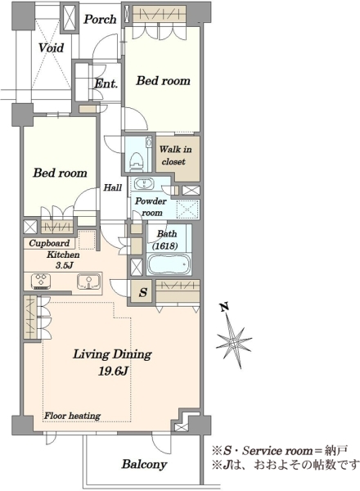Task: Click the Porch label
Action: (x=100, y=20)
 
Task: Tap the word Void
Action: (x=51, y=48)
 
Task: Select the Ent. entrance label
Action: (x=106, y=83)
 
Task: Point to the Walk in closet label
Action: (x=175, y=155)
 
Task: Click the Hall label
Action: (x=113, y=187)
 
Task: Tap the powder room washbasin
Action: (x=144, y=183)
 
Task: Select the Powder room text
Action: (x=151, y=207)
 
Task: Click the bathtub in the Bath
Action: (x=169, y=264)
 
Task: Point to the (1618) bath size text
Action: (x=165, y=246)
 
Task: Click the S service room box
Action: (x=143, y=292)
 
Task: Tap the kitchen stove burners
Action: (x=41, y=280)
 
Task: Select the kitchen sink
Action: (x=89, y=281)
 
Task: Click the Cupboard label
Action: (x=49, y=243)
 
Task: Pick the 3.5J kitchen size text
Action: (x=64, y=265)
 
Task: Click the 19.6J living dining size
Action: (x=113, y=372)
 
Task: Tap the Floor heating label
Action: (x=72, y=416)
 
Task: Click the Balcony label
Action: (x=144, y=464)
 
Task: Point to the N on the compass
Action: (x=224, y=307)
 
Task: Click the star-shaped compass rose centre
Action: (x=234, y=341)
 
